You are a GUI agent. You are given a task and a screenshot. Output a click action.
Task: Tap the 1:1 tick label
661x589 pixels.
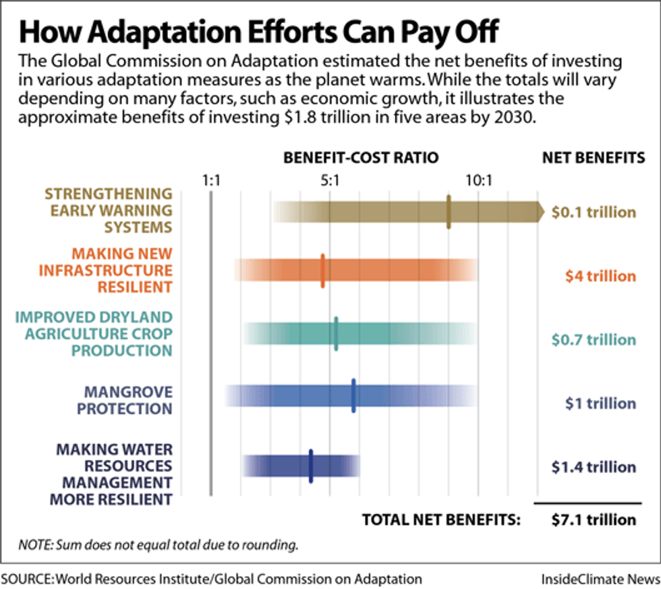click(x=212, y=180)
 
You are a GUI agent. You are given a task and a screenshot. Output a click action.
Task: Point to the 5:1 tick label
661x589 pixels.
click(x=329, y=180)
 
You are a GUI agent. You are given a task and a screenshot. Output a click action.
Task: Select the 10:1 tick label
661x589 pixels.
click(x=478, y=180)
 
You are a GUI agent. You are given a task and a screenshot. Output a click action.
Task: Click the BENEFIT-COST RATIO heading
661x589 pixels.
click(x=361, y=158)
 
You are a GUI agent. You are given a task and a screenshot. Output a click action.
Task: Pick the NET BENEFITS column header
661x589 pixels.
click(x=594, y=158)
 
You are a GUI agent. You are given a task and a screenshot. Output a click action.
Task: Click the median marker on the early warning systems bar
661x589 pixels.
click(x=449, y=212)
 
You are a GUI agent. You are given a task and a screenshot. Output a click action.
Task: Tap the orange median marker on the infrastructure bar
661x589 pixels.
click(x=322, y=271)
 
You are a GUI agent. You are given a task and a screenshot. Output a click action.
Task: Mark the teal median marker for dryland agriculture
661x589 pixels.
click(x=336, y=333)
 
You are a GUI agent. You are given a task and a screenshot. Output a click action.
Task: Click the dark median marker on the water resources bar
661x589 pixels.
click(x=310, y=466)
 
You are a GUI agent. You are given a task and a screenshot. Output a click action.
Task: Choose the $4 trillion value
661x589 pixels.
click(x=601, y=276)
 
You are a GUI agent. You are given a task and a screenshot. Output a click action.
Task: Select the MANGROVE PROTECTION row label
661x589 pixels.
click(x=124, y=400)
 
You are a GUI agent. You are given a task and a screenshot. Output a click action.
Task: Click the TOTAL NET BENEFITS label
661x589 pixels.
click(x=442, y=520)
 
